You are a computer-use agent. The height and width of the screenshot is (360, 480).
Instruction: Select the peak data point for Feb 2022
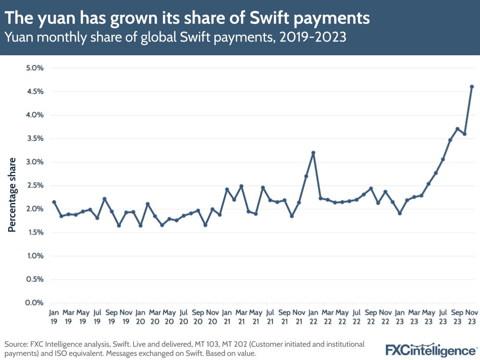pos(313,153)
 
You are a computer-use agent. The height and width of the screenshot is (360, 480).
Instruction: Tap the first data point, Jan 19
pos(54,202)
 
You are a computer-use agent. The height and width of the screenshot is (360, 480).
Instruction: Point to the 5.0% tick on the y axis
pos(34,68)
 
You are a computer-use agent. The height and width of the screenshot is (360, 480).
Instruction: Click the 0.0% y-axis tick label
pos(34,303)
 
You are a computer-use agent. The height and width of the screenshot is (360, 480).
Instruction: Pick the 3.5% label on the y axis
pos(34,138)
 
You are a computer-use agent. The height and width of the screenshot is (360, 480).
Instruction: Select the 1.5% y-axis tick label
pos(34,232)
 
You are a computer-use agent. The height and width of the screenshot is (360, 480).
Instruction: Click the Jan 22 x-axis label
pos(313,316)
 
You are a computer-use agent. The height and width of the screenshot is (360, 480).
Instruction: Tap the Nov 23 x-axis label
pos(471,316)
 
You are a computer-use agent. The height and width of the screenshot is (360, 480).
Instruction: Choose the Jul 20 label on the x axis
pos(184,316)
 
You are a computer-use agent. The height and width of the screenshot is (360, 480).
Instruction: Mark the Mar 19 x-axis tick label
pos(68,316)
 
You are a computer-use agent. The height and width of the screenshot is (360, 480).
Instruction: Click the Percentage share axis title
pos(12,195)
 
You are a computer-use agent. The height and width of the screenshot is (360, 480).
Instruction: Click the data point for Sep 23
pos(457,129)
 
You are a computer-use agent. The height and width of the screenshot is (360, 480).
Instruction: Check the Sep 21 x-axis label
pos(284,316)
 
